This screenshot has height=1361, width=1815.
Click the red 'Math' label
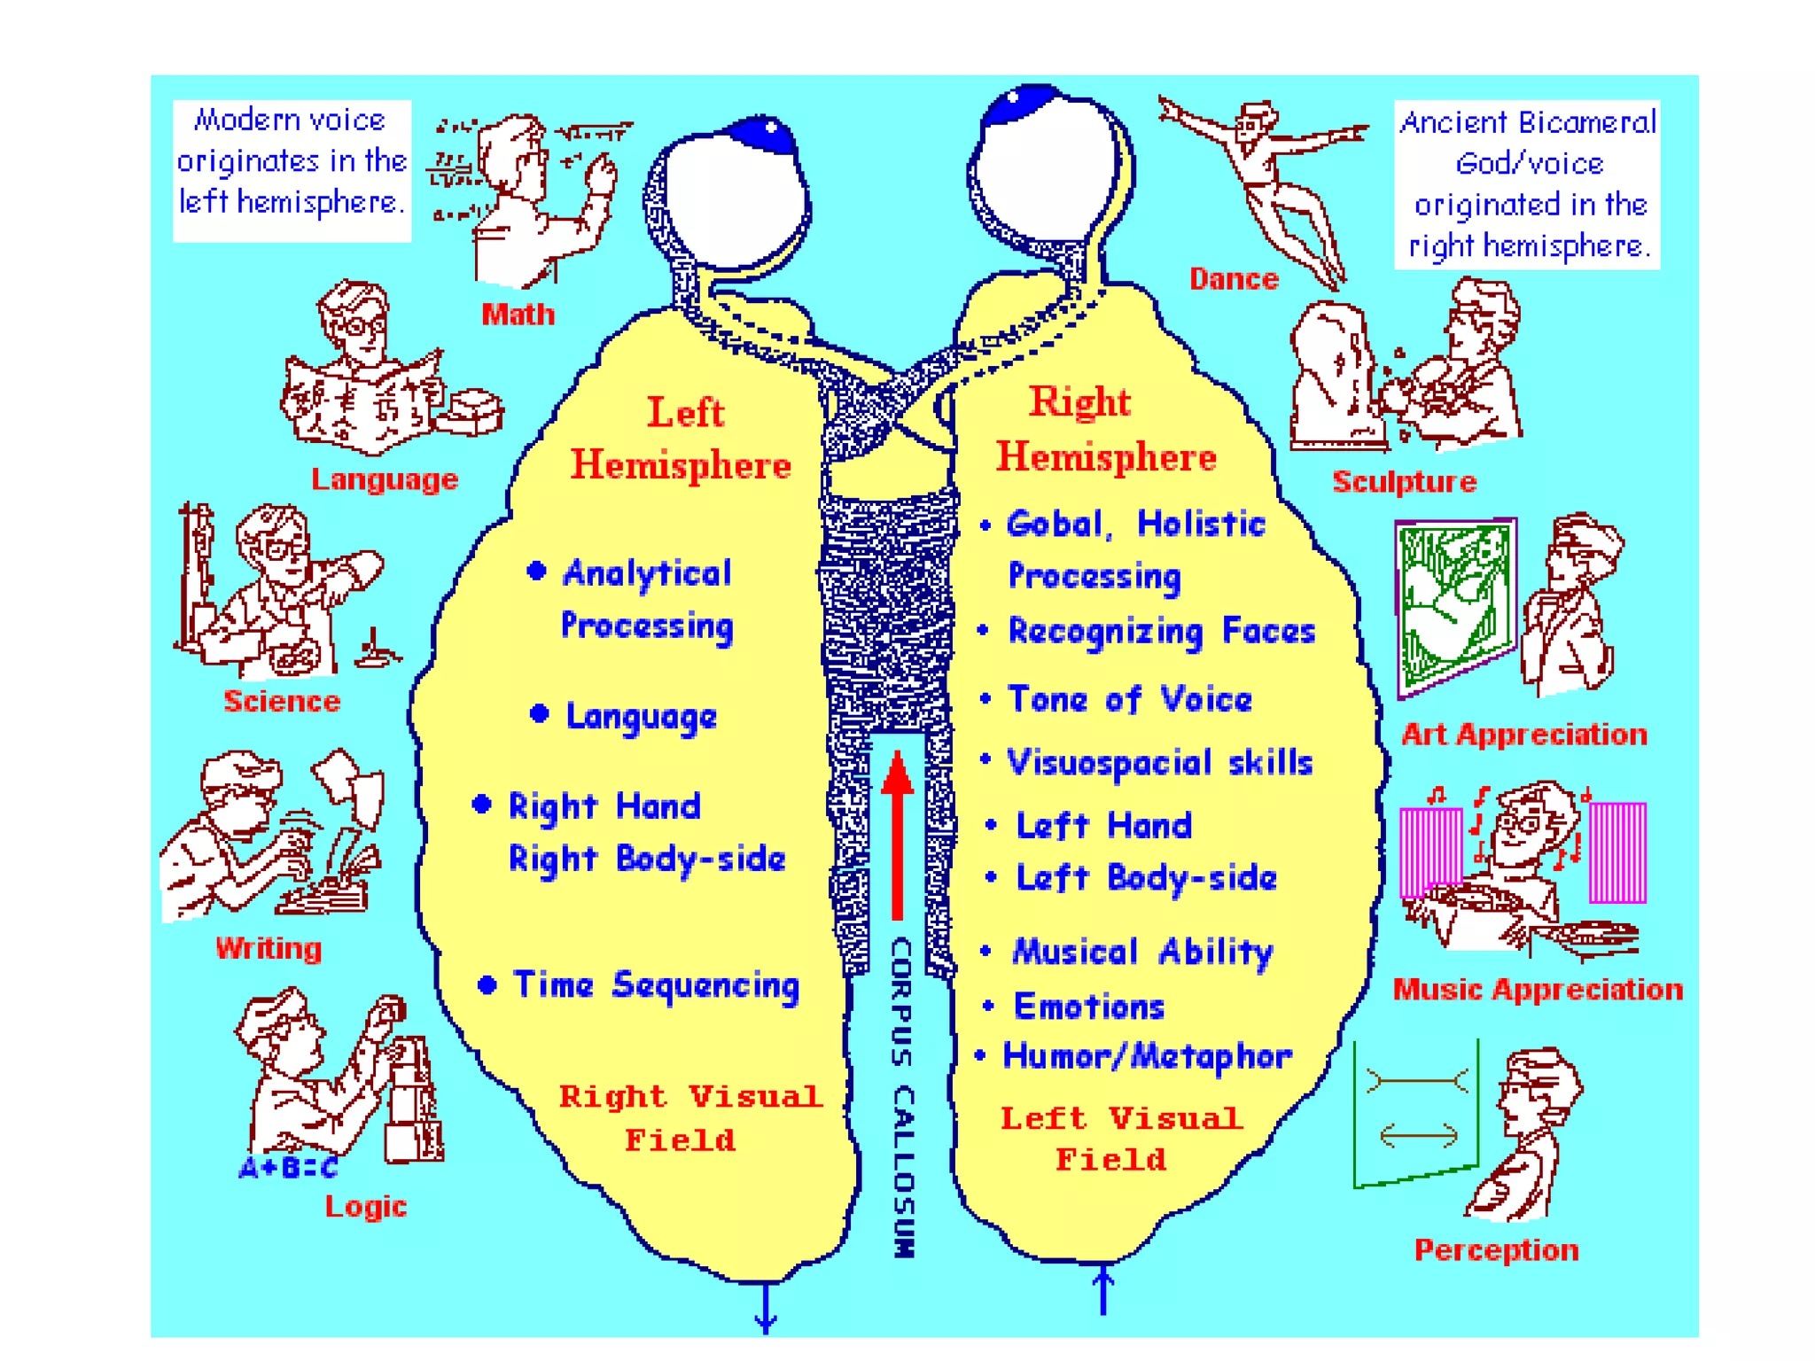pyautogui.click(x=518, y=315)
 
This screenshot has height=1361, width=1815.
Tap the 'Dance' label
pyautogui.click(x=1234, y=279)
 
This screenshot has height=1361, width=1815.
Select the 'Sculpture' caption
pyautogui.click(x=1404, y=481)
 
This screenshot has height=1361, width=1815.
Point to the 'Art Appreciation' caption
pyautogui.click(x=1523, y=735)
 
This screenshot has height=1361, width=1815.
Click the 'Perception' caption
pyautogui.click(x=1496, y=1250)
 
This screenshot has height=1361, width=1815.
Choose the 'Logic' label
pyautogui.click(x=365, y=1206)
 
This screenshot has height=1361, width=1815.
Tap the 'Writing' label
pyautogui.click(x=269, y=948)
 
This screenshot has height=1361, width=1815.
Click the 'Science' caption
pyautogui.click(x=282, y=701)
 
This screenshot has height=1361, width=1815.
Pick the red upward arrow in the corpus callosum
pyautogui.click(x=898, y=833)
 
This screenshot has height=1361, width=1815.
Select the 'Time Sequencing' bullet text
pyautogui.click(x=656, y=985)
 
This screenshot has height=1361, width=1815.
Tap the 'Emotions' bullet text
pyautogui.click(x=1088, y=1007)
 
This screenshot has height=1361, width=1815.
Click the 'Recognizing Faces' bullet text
pyautogui.click(x=1161, y=632)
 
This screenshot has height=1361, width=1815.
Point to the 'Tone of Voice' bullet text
pyautogui.click(x=1130, y=700)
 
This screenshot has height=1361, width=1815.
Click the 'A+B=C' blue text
pyautogui.click(x=288, y=1168)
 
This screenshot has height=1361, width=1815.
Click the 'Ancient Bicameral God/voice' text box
pyautogui.click(x=1527, y=184)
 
